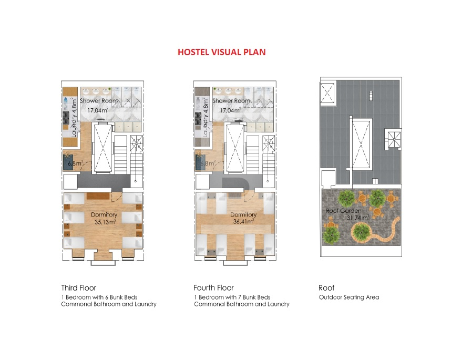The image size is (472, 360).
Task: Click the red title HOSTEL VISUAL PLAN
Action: [222, 52]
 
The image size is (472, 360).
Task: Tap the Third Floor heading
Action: [78, 288]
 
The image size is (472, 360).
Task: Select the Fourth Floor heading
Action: [213, 288]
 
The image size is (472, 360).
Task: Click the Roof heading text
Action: [326, 288]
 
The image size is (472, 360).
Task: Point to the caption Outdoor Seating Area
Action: [349, 297]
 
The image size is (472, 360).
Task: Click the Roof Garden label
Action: [343, 211]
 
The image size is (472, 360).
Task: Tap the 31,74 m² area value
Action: [357, 218]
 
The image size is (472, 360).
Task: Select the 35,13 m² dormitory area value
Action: [105, 222]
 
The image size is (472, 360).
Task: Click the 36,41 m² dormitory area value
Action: [243, 222]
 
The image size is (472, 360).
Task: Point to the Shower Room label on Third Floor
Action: [98, 101]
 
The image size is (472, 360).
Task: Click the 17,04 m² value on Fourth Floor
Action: [230, 110]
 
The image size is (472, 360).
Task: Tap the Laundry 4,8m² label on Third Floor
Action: [74, 117]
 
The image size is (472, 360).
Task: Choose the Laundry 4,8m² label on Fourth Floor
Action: [206, 117]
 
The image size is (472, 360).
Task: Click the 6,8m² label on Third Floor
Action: [75, 163]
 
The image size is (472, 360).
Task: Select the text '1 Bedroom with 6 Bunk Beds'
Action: [99, 297]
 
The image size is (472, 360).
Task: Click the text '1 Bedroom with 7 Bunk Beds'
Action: [232, 297]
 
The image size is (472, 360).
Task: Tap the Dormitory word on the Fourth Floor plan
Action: [243, 214]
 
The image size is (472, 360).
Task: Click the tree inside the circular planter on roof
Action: [361, 231]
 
